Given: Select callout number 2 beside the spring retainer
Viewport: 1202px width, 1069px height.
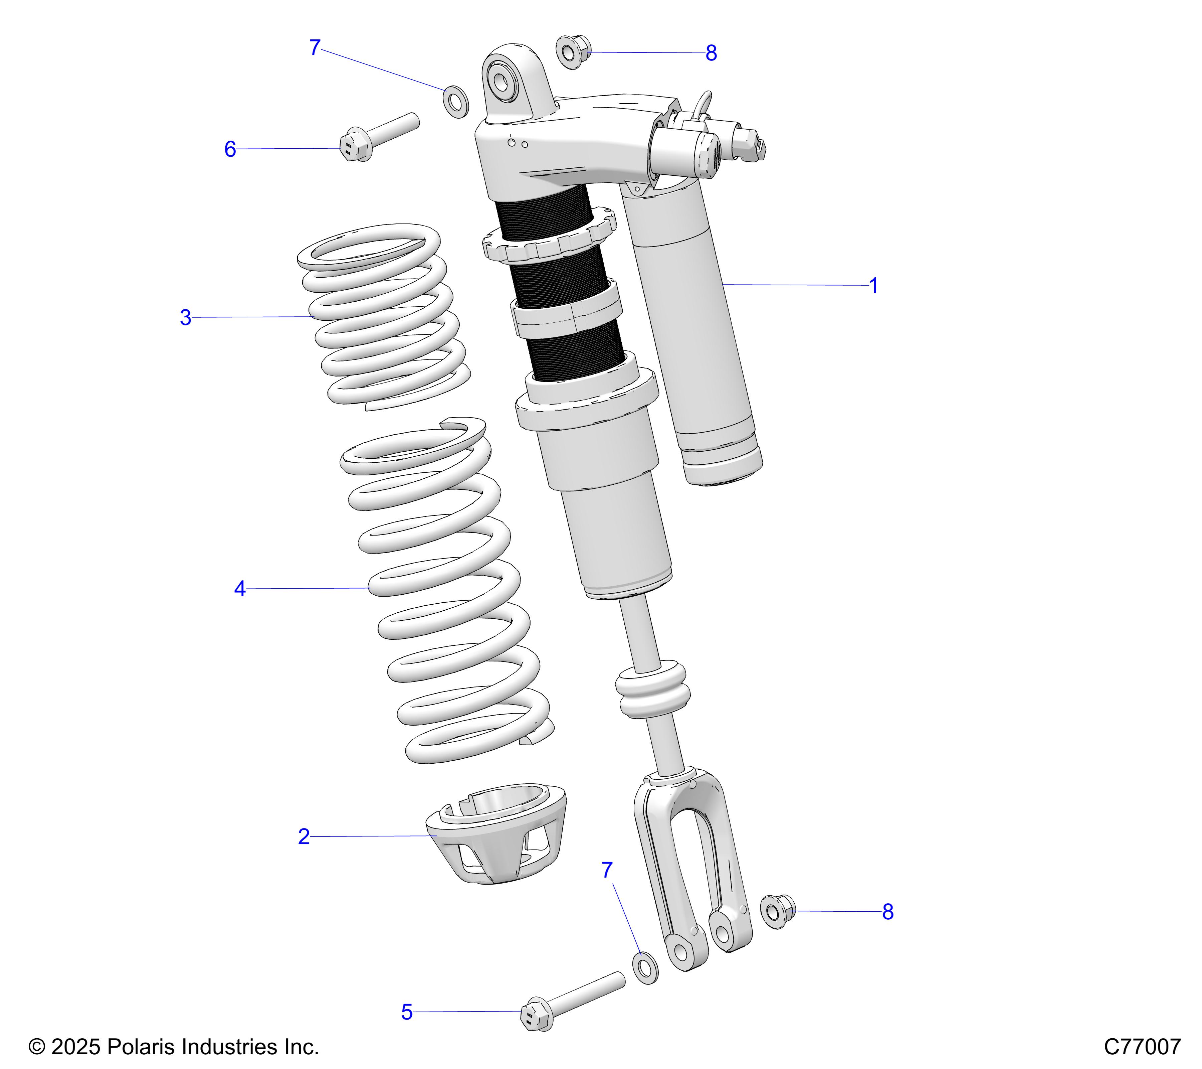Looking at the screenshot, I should [x=304, y=836].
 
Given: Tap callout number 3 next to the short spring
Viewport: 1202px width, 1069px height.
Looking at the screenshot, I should [x=185, y=318].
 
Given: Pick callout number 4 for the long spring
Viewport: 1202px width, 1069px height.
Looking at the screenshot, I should [x=239, y=589].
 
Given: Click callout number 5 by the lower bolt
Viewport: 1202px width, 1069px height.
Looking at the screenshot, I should [x=406, y=1013].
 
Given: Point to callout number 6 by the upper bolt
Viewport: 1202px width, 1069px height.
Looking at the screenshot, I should [x=230, y=149].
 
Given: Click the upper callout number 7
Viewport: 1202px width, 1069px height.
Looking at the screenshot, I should [x=315, y=48].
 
